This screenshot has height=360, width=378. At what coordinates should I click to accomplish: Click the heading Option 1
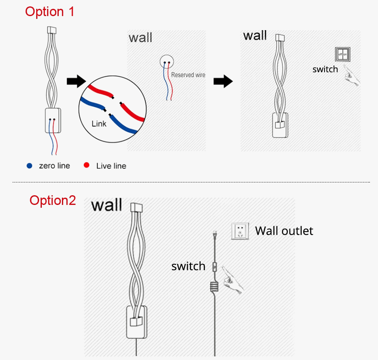[x=50, y=11]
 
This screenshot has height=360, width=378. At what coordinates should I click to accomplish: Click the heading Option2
[x=53, y=200]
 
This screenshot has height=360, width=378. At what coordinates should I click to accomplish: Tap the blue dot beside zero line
[x=29, y=166]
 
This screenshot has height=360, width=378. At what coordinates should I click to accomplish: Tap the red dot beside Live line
[x=86, y=166]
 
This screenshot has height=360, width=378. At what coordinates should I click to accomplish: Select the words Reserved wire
[x=188, y=75]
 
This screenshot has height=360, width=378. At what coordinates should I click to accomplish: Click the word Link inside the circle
[x=99, y=123]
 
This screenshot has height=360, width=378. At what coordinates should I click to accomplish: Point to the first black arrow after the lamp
[x=76, y=81]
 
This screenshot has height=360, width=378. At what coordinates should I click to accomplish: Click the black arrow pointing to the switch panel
[x=223, y=81]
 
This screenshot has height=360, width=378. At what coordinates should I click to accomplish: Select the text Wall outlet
[x=284, y=231]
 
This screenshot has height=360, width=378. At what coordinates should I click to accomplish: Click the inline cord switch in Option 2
[x=215, y=266]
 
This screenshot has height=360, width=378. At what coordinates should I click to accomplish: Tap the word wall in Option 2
[x=106, y=205]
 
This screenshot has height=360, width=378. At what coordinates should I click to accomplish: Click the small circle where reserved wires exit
[x=166, y=62]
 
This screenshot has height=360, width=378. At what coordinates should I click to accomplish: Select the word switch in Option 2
[x=188, y=266]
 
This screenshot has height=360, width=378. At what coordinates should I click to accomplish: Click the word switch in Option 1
[x=325, y=69]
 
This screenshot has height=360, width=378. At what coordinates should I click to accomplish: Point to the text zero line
[x=54, y=166]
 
